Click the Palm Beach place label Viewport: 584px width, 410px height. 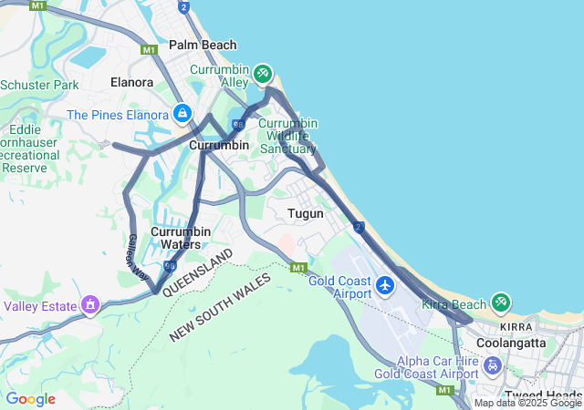coord(203,45)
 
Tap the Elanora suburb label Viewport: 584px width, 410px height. coord(131,82)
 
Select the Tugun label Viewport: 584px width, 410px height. coord(306,213)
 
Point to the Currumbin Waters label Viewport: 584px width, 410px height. coord(181,238)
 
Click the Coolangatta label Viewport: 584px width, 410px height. coord(511,343)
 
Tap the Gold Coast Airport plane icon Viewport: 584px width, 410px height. coord(385,286)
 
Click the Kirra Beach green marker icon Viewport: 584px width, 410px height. coord(500,302)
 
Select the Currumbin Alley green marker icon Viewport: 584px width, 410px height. coord(263,72)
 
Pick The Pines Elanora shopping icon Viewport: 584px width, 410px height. coord(182,114)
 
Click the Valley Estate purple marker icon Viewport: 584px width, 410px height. coord(90,304)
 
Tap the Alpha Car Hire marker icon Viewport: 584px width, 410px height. coord(493,366)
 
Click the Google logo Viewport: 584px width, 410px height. coord(30,399)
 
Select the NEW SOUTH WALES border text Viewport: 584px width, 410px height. coord(220,306)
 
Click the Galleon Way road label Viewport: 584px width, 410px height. coord(138,255)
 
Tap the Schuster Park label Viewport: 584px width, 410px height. coord(39,85)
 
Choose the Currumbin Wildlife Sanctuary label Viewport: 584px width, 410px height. coord(287,135)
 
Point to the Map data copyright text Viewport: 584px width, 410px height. coord(527,403)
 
